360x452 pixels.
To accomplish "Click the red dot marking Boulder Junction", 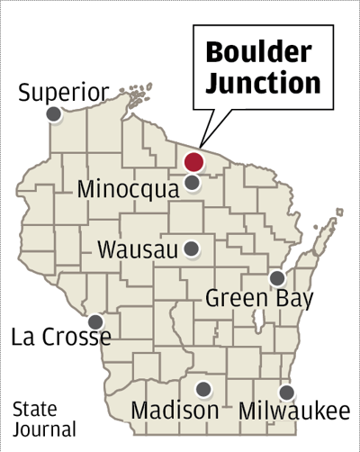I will (193, 163).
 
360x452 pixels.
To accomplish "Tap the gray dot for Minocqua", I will (193, 183).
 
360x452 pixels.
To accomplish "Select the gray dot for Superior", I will (54, 114).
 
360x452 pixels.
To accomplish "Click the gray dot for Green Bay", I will (278, 277).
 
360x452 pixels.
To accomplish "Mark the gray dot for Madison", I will (204, 389).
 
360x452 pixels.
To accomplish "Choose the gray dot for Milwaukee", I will (286, 393).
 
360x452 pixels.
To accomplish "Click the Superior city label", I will (63, 92).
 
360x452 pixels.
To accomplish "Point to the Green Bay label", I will (258, 297).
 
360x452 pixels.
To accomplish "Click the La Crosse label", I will (61, 338).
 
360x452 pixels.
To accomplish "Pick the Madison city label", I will (175, 411).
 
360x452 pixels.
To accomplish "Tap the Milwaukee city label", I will (294, 411).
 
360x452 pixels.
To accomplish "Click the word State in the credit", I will (35, 410).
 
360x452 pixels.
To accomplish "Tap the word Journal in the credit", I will (44, 429).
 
